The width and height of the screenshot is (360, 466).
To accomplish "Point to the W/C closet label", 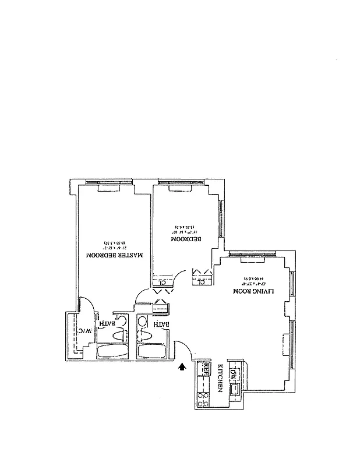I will pos(86,331).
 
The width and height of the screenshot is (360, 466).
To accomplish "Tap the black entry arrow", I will pos(183,366).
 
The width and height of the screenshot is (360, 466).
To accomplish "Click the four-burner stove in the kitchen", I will pos(205,399).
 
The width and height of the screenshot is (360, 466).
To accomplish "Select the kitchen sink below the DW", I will pos(235,390).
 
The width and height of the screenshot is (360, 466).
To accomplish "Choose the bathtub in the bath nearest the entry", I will pos(152,352).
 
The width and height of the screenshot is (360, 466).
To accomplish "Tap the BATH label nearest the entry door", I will pos(161,324).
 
